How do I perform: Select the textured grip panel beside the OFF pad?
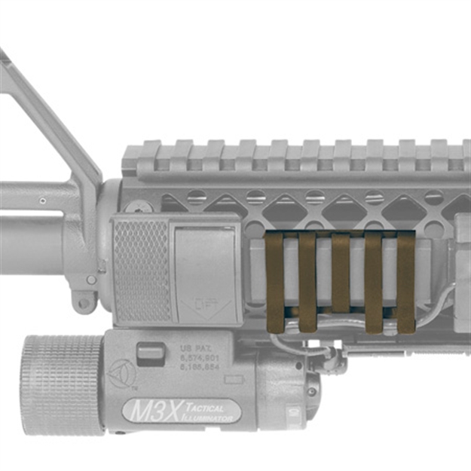[142, 270]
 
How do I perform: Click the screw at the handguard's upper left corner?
[138, 206]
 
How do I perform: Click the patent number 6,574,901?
[200, 359]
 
